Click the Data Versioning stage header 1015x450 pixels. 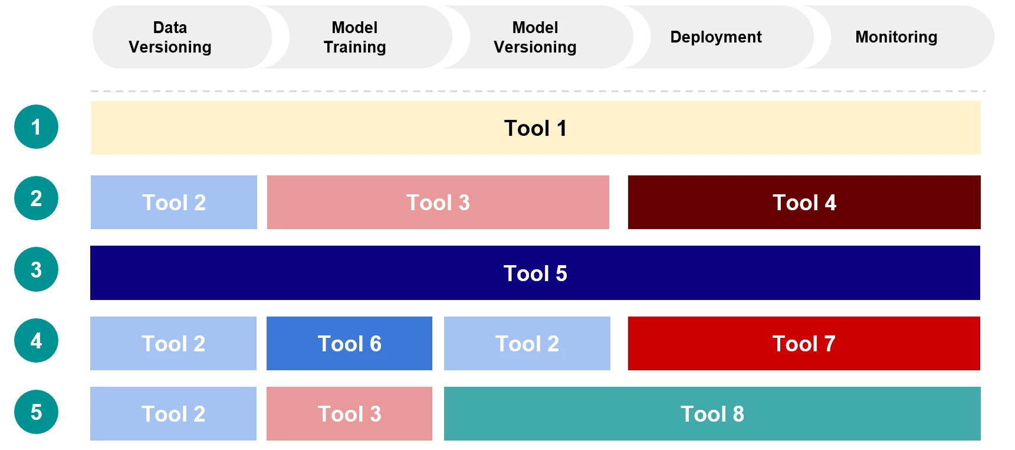click(170, 37)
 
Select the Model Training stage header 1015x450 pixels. click(354, 37)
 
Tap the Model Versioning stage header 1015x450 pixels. click(535, 37)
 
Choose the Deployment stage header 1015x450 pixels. click(715, 37)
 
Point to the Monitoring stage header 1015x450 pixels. click(896, 37)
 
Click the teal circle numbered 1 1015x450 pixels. click(36, 127)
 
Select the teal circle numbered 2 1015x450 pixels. click(36, 198)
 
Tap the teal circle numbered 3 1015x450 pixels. click(36, 270)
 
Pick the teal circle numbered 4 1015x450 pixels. click(36, 341)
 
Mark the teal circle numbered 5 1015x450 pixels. click(36, 412)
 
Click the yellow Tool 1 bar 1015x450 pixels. click(535, 128)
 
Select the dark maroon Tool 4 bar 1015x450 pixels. click(804, 203)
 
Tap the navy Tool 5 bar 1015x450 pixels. click(535, 273)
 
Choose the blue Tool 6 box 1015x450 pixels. click(349, 344)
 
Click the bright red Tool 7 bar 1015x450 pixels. click(804, 344)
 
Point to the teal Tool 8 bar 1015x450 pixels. click(712, 414)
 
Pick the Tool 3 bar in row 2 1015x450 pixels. click(438, 203)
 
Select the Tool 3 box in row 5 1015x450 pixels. click(349, 414)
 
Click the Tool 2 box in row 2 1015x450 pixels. click(174, 203)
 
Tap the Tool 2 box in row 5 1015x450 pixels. click(173, 414)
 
